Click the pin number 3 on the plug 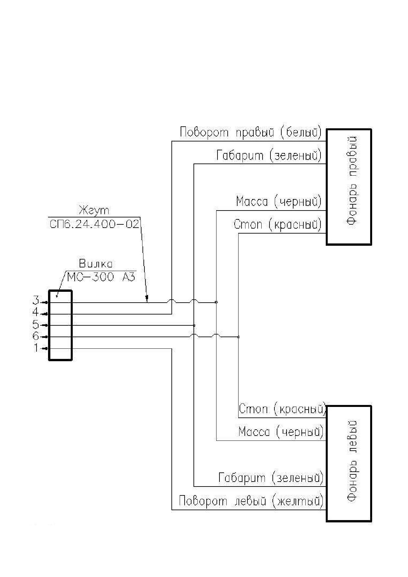click(x=36, y=300)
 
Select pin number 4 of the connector click(x=36, y=312)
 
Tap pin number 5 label click(x=36, y=325)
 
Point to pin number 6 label click(x=36, y=336)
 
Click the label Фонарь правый click(x=352, y=181)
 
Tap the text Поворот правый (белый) click(x=251, y=133)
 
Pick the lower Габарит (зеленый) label click(x=271, y=477)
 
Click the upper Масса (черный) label click(x=279, y=201)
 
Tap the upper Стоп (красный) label click(x=278, y=224)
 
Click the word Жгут click(x=94, y=211)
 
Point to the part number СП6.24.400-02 click(x=94, y=224)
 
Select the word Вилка click(x=96, y=264)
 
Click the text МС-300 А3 click(x=101, y=277)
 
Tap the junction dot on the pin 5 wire click(x=194, y=325)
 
